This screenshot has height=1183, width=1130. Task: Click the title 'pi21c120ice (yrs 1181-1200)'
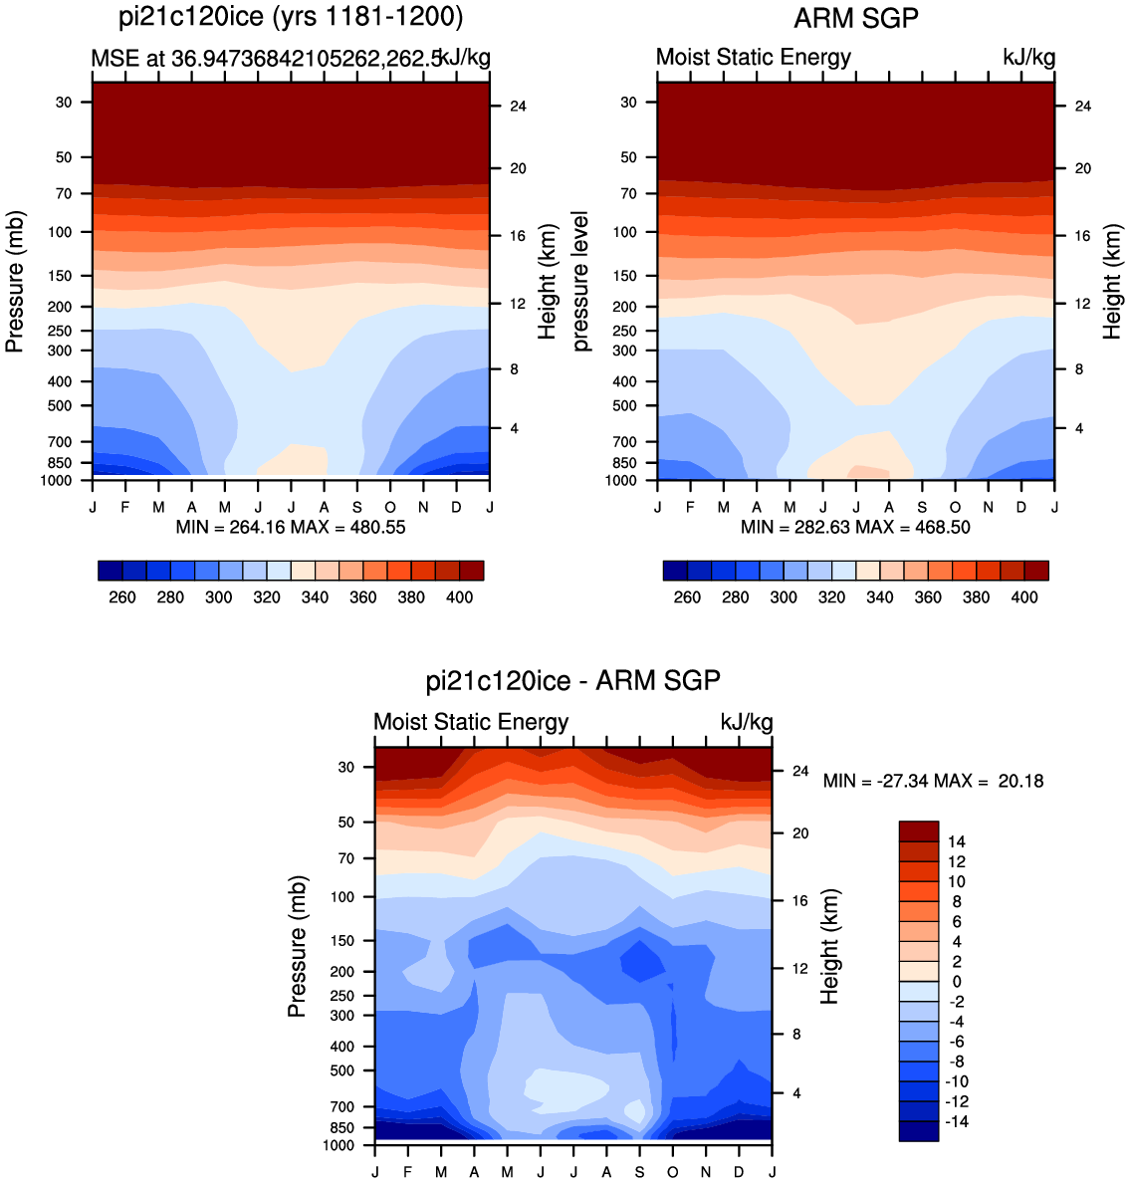coord(291,17)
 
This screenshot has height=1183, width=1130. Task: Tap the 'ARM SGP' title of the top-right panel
coord(856,17)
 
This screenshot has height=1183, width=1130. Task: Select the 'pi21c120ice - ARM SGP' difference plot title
coord(573,680)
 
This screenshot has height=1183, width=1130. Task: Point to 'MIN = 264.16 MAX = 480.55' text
coord(291,528)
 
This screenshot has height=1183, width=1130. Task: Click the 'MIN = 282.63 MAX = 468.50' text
coord(855,528)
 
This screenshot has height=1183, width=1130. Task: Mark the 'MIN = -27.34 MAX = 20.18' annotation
coord(933,781)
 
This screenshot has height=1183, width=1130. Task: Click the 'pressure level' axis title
coord(580,282)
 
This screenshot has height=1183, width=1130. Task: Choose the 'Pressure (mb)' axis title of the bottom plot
coord(298,946)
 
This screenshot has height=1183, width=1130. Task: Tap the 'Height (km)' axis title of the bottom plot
coord(829,946)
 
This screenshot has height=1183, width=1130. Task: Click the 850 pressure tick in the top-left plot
coord(59,463)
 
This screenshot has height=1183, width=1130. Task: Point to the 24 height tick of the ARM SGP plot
coord(1082,107)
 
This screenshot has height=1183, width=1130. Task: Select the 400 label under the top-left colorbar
coord(459,597)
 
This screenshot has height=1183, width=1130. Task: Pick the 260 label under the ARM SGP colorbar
coord(687,597)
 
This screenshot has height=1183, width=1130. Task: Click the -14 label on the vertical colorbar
coord(956,1122)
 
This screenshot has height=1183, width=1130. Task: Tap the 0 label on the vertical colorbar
coord(957,982)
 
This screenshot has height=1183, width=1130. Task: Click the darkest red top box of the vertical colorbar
coord(919,830)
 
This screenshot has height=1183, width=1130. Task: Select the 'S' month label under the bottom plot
coord(640,1172)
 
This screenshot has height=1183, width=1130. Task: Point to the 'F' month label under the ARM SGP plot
coord(690,507)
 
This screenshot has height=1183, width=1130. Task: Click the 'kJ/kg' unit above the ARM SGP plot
coord(1028,58)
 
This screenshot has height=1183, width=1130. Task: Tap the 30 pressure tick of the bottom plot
coord(345,768)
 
